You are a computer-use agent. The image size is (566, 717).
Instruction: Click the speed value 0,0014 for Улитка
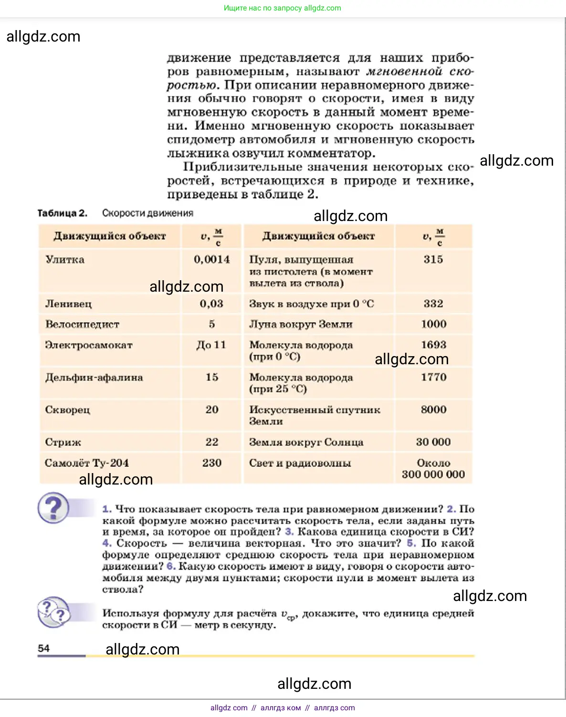click(211, 260)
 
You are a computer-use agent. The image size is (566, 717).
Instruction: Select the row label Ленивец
click(68, 304)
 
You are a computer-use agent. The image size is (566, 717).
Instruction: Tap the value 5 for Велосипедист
click(212, 324)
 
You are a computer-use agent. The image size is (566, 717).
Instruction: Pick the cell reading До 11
click(211, 345)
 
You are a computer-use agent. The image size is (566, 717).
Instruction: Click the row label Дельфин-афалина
click(94, 378)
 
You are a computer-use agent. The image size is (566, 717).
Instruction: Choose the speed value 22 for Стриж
click(212, 442)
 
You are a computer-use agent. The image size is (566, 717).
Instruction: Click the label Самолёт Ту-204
click(86, 463)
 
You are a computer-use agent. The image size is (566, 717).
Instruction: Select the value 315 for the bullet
click(433, 260)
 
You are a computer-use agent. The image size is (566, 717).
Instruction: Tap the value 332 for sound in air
click(433, 304)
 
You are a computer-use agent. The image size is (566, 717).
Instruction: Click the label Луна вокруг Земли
click(301, 325)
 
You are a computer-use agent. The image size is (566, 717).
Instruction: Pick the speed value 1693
click(433, 345)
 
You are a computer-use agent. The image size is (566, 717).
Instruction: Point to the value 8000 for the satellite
click(433, 410)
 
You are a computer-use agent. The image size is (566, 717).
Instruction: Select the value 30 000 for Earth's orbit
click(433, 442)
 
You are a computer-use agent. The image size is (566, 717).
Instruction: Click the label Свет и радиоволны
click(300, 463)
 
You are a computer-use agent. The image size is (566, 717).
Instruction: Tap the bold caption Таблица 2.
click(63, 213)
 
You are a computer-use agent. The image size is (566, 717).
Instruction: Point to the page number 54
click(43, 648)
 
